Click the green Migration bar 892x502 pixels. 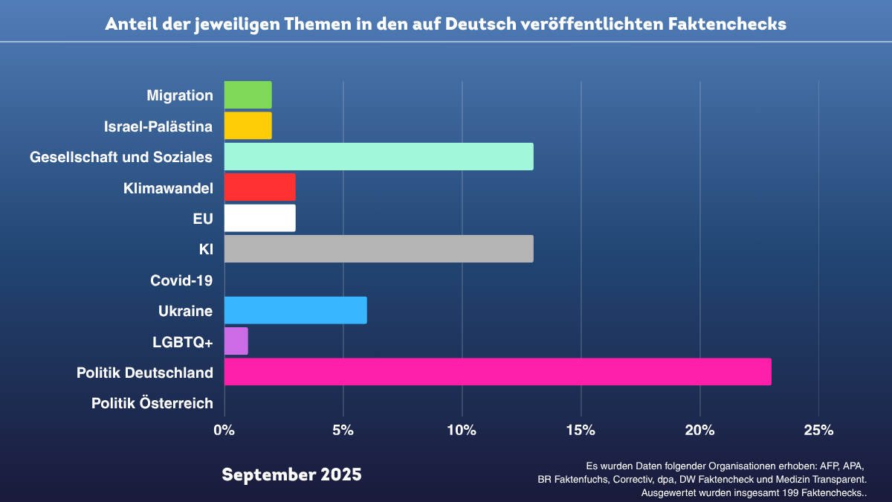point(248,94)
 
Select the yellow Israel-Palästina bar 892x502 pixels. point(248,126)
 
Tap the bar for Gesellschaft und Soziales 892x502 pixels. point(378,156)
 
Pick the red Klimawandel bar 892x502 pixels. point(259,187)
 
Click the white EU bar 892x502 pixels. point(259,218)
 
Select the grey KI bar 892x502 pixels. point(378,249)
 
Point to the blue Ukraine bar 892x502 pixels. point(295,310)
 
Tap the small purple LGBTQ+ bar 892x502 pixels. point(236,341)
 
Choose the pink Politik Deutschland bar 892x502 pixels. point(497,372)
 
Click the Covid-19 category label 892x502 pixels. point(181,280)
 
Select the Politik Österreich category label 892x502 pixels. point(152,403)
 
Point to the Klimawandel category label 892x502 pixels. point(168,188)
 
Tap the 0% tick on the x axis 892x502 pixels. point(224,430)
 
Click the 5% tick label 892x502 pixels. point(343,430)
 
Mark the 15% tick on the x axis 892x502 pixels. point(581,430)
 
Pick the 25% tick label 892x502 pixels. point(818,430)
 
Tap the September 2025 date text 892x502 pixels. point(291,474)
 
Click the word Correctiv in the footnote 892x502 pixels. point(635,480)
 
